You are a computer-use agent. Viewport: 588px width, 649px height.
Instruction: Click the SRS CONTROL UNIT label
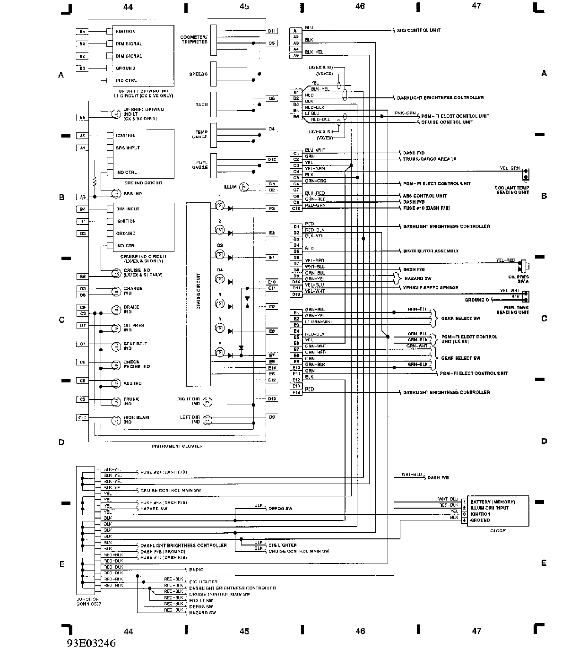tap(418, 30)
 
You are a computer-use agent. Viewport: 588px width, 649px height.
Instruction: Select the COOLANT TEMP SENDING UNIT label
tap(511, 190)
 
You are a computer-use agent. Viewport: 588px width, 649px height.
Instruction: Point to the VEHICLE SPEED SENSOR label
tap(430, 287)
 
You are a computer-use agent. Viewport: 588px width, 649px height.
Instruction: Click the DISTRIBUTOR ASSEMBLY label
tap(431, 251)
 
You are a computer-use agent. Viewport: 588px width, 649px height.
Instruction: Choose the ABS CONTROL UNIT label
tap(424, 196)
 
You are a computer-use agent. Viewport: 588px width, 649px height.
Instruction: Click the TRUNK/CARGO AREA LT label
tap(429, 159)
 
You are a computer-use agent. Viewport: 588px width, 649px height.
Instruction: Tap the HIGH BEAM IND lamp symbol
tap(115, 420)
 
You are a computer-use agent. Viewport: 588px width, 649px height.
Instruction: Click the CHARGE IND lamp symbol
tap(115, 291)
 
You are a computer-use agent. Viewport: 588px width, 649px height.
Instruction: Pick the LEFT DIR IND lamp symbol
tap(208, 420)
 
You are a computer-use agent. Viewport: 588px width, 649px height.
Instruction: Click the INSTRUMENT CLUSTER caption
tap(177, 446)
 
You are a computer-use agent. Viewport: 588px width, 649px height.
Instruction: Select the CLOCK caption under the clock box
tap(498, 531)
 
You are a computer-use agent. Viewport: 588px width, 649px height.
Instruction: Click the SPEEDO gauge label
tap(198, 74)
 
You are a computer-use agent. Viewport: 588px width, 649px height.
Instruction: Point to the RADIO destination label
tap(196, 570)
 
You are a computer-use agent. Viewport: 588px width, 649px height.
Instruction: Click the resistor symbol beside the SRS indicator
tap(95, 181)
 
